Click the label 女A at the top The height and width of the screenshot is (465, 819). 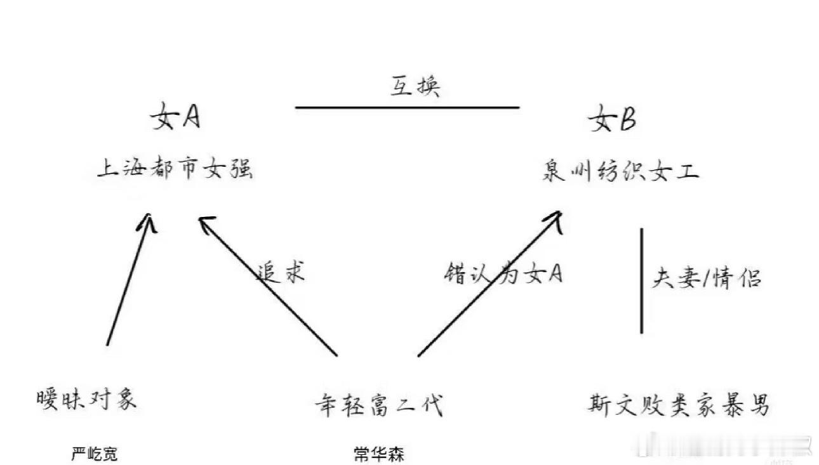(175, 118)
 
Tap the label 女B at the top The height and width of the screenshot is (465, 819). (612, 119)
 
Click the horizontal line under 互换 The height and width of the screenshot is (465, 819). (407, 107)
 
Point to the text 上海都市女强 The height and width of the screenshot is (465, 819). (175, 169)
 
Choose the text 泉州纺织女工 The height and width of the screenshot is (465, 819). (620, 171)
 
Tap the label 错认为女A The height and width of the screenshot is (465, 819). (503, 273)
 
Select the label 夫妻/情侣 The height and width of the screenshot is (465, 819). (706, 278)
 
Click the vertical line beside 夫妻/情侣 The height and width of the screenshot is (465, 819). (641, 280)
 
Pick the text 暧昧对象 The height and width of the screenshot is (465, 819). (87, 400)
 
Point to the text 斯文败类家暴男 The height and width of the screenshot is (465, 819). (678, 404)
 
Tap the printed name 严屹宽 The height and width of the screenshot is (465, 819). (95, 454)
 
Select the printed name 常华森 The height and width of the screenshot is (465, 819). (378, 454)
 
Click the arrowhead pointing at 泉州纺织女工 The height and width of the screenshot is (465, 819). (554, 218)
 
